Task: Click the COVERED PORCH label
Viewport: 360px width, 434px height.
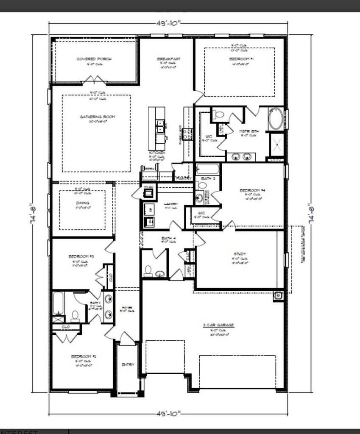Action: click(94, 59)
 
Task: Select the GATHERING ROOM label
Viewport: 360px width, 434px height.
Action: click(98, 117)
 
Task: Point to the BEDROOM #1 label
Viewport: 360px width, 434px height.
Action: click(241, 59)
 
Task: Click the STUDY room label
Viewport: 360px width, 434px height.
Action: click(240, 254)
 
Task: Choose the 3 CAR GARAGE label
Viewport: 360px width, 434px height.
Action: click(218, 325)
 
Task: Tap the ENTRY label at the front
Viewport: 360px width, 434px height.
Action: click(128, 364)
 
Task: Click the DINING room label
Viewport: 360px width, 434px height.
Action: click(83, 203)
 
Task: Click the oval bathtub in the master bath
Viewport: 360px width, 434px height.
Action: click(276, 120)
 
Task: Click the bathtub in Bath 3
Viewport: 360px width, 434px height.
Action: click(208, 170)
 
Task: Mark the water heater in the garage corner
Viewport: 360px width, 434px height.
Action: click(278, 296)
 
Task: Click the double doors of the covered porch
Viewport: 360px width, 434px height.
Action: click(95, 80)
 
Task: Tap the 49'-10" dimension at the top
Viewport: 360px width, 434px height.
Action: click(168, 23)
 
